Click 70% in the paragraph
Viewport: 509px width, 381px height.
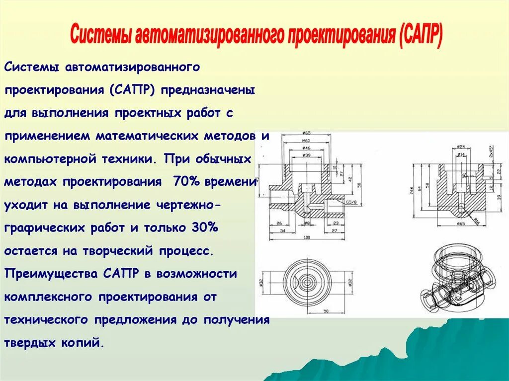[x=186, y=181]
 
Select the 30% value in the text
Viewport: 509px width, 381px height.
[x=204, y=228]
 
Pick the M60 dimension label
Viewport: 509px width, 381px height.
[x=306, y=141]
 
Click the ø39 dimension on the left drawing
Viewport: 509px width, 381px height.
[x=306, y=155]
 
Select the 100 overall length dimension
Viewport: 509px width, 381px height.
[x=307, y=238]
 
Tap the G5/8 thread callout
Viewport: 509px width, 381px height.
[x=352, y=203]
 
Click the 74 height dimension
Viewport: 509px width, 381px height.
[x=412, y=190]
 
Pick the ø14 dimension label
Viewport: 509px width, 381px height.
[x=461, y=155]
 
